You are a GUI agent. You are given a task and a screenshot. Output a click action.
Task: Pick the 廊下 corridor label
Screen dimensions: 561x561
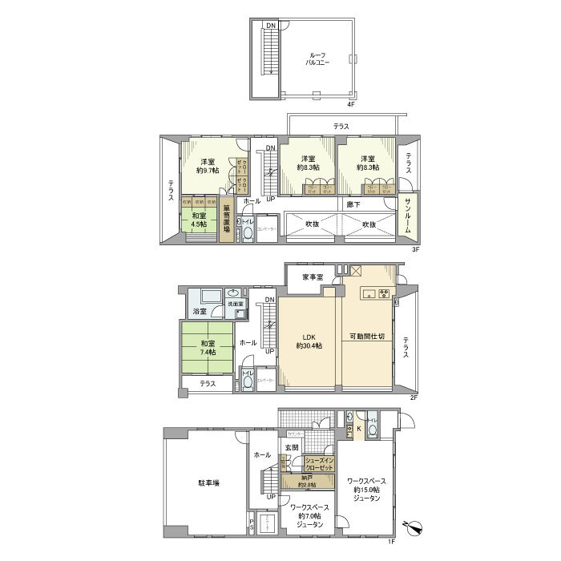tap(353, 205)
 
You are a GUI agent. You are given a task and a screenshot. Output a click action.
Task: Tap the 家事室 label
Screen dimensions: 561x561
tap(313, 276)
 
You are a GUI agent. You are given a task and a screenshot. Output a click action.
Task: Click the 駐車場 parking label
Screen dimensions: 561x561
tap(209, 483)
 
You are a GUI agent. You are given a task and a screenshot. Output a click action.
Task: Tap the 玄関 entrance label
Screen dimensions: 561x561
tap(291, 447)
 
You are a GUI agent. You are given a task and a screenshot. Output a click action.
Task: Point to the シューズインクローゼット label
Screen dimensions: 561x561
tap(320, 463)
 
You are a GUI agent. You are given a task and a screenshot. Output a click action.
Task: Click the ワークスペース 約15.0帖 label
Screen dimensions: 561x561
tap(367, 490)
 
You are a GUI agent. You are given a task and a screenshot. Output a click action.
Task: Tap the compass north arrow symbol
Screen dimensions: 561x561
tap(414, 526)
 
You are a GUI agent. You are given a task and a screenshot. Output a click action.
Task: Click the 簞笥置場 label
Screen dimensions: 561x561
tap(227, 220)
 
